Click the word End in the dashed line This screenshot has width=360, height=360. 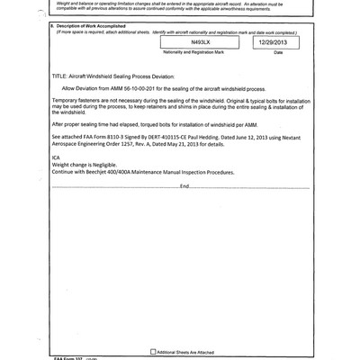coord(184,211)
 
